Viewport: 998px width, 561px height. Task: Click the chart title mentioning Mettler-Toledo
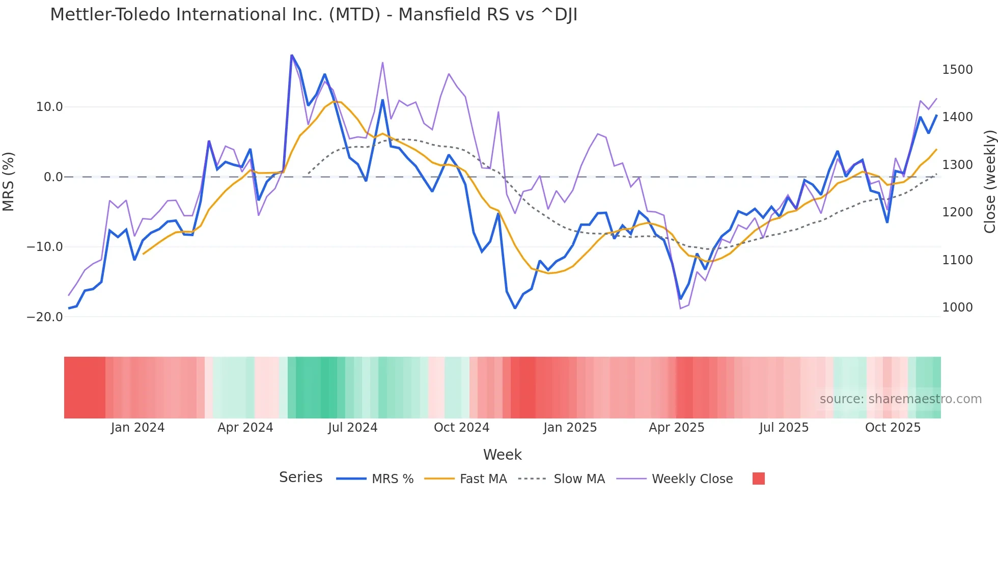314,15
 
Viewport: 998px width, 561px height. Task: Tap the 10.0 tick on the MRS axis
49,107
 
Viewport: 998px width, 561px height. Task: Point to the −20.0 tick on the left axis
45,317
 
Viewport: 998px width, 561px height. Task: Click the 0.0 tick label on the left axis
53,177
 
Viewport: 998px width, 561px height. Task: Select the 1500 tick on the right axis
957,70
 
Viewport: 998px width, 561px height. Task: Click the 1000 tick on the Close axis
957,307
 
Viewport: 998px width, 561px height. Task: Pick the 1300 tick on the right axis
957,165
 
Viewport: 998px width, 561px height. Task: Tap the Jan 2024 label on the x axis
137,428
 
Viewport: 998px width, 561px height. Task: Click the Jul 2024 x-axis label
352,428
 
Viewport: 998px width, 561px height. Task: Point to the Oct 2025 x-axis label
893,428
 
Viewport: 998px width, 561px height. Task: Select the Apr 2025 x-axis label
676,428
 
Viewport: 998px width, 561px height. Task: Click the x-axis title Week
502,455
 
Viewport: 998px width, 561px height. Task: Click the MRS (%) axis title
9,181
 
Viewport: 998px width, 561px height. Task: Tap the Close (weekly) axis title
989,182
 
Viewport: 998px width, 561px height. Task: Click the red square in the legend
758,479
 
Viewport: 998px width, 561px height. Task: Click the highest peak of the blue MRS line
292,55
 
